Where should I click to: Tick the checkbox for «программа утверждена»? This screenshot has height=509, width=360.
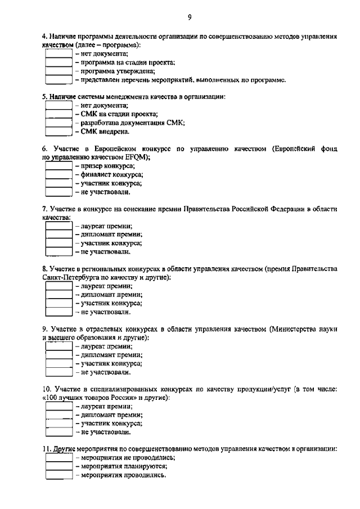click(x=58, y=71)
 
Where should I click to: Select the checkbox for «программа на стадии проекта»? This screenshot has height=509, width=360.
click(x=58, y=62)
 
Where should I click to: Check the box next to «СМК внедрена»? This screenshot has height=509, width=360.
click(x=58, y=132)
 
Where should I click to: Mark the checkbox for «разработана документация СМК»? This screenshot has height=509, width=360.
click(x=58, y=123)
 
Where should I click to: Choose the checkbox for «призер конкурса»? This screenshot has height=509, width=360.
click(x=58, y=166)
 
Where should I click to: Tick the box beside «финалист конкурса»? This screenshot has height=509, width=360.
click(x=58, y=174)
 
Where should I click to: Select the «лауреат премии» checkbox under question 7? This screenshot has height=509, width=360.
click(x=58, y=226)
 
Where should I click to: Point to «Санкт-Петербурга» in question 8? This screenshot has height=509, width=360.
click(x=69, y=277)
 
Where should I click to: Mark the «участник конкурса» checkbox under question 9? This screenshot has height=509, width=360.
click(x=58, y=363)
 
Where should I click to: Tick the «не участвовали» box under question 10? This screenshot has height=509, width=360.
click(x=58, y=432)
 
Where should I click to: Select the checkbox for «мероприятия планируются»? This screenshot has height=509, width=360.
click(x=58, y=466)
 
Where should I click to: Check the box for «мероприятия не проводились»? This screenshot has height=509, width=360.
click(x=58, y=458)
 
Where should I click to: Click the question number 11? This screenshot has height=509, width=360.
click(x=47, y=449)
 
